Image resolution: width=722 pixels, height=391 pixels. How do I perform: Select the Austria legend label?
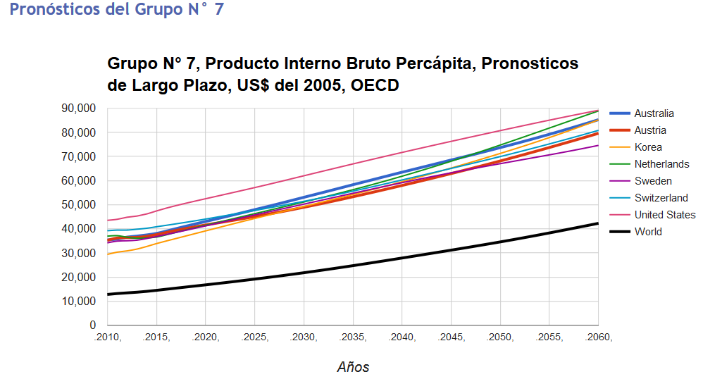point(649,130)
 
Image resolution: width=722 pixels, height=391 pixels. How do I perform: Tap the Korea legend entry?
point(647,147)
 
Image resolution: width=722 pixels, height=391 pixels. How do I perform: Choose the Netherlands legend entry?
point(661,164)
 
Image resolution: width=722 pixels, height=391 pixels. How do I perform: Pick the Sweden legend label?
point(652,181)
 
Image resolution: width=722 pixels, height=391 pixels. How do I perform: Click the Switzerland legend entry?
point(661,198)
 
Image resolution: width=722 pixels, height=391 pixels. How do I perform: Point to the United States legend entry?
point(664,215)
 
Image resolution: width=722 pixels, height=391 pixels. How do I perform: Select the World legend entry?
point(648,232)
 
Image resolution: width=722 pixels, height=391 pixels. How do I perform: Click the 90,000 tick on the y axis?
point(78,108)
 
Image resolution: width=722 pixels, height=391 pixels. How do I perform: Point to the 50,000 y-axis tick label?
point(78,205)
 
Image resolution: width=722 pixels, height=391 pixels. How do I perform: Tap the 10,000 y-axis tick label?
point(78,302)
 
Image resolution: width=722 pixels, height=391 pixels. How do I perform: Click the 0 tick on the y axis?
point(92,325)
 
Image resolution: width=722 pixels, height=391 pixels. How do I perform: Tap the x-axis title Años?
point(353,367)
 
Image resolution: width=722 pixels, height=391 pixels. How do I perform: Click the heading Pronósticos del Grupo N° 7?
point(116,11)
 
